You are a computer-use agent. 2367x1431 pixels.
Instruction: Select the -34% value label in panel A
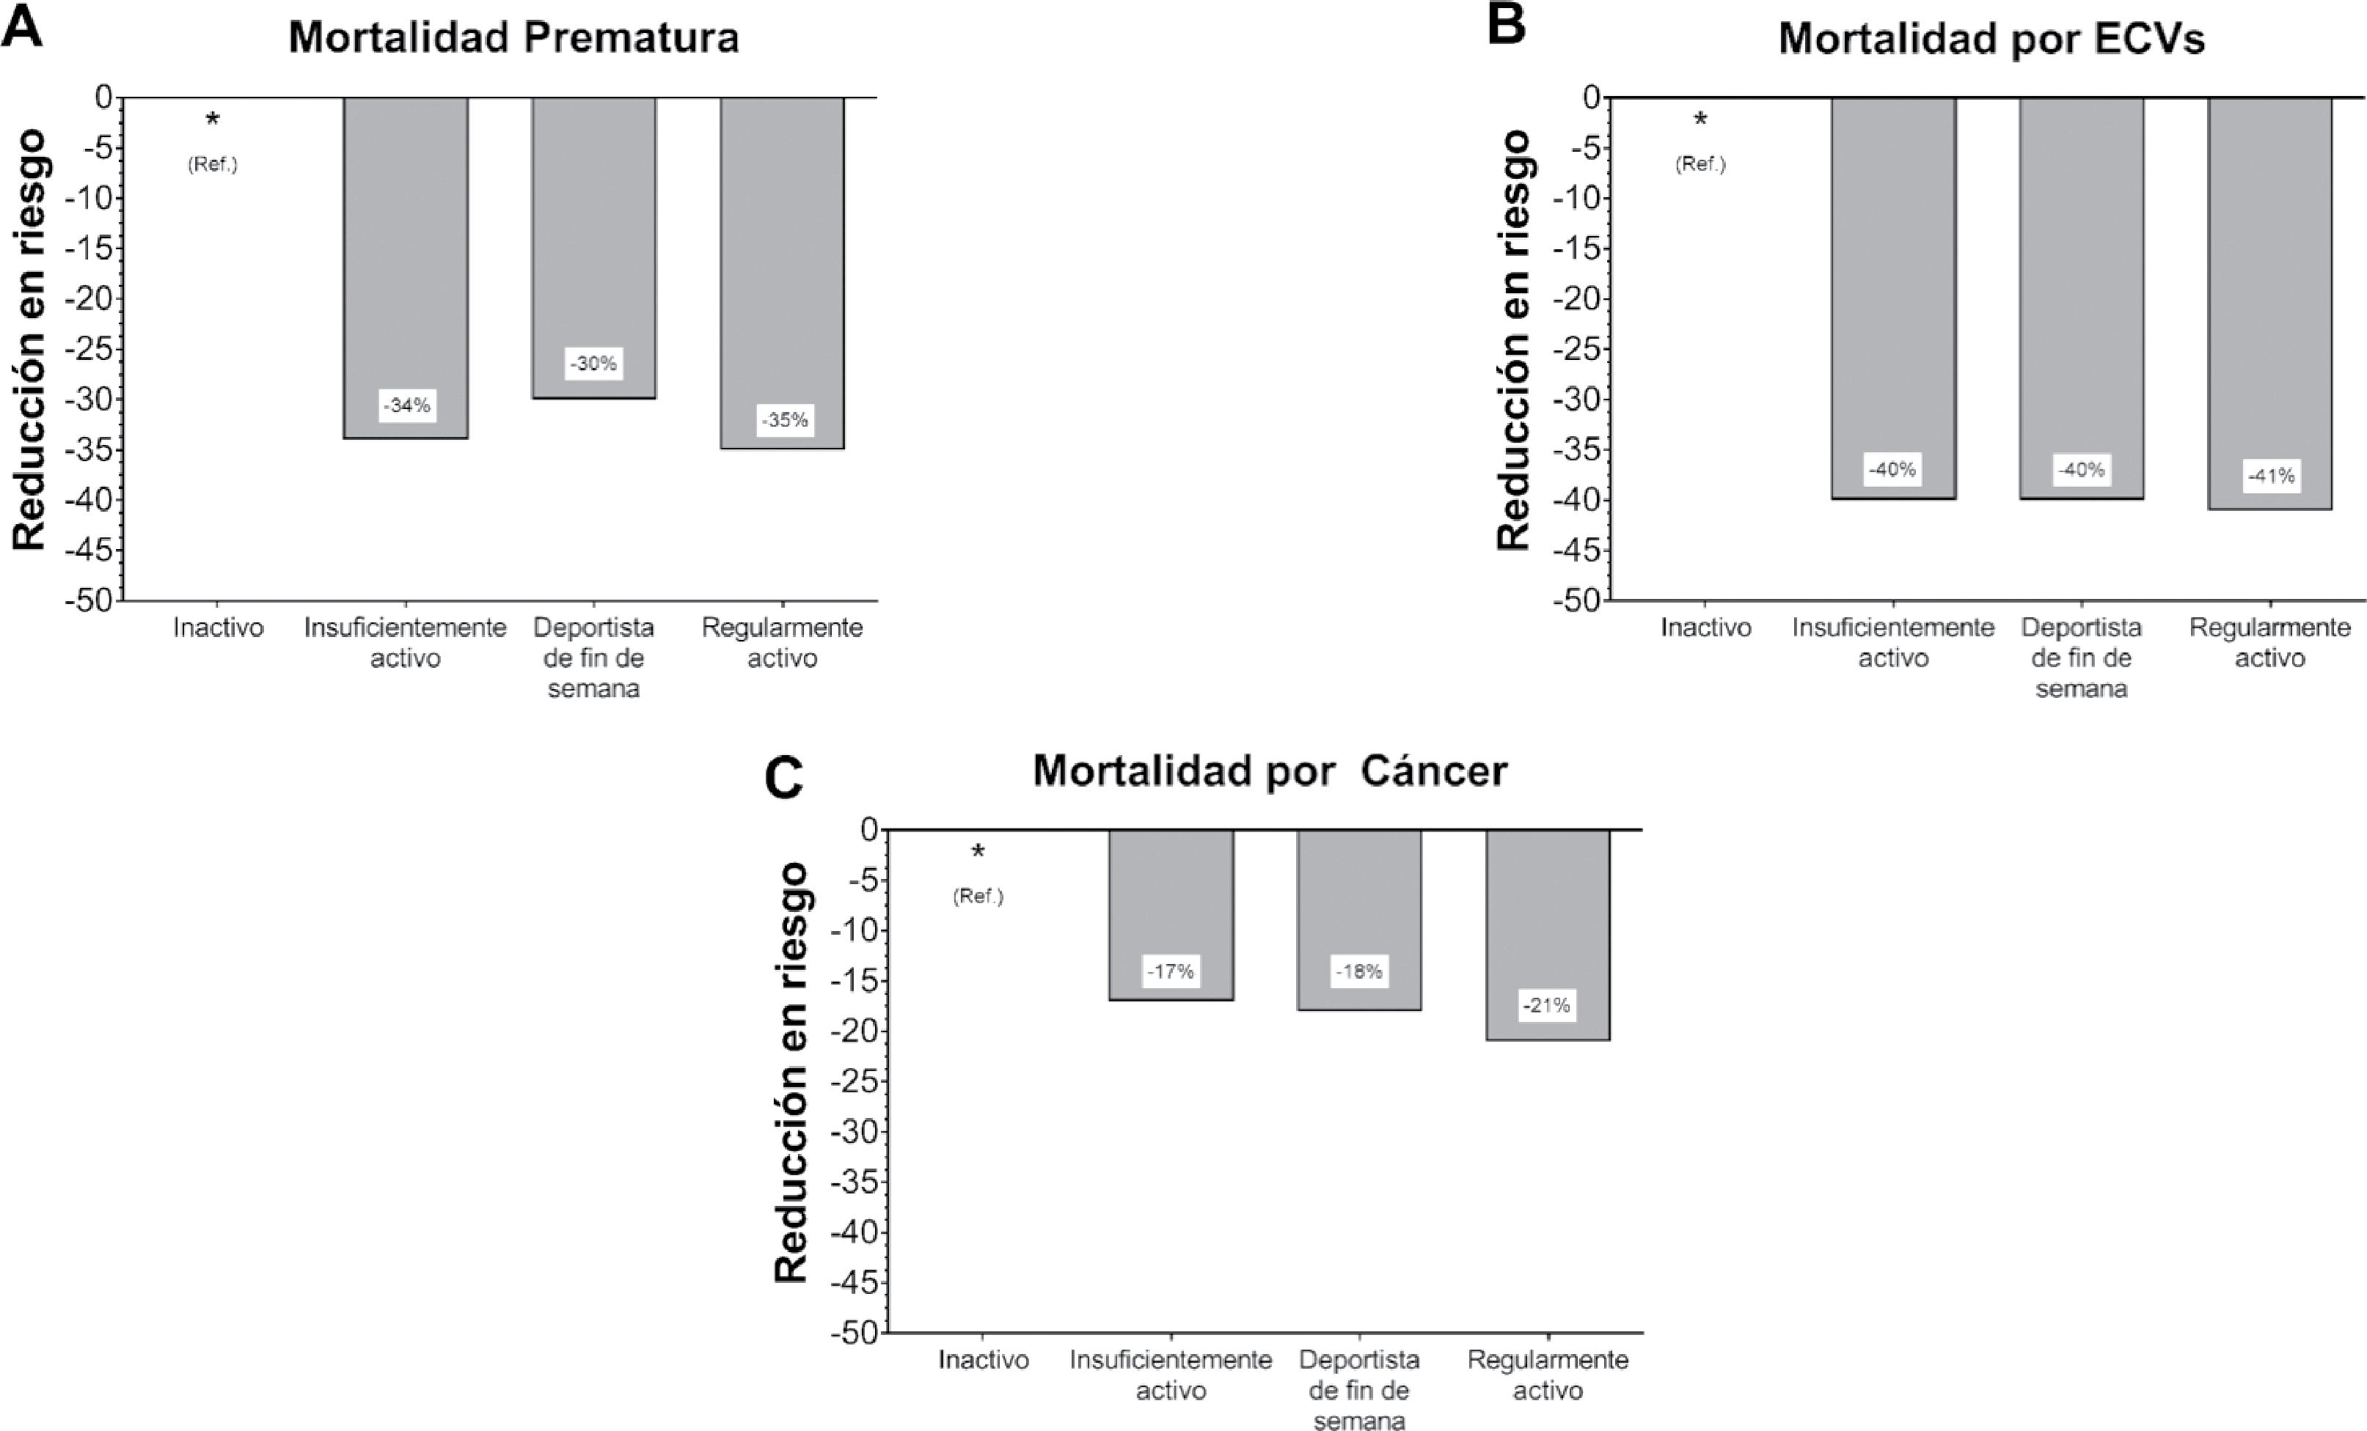pyautogui.click(x=406, y=405)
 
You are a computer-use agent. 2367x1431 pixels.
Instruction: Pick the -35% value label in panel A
pyautogui.click(x=785, y=419)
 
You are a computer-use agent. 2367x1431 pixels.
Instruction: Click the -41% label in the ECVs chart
pyautogui.click(x=2271, y=475)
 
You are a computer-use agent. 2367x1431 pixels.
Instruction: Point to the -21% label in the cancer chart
pyautogui.click(x=1547, y=1006)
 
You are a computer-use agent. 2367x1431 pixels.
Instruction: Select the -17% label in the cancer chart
pyautogui.click(x=1170, y=971)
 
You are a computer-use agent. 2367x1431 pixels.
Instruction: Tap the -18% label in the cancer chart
pyautogui.click(x=1358, y=971)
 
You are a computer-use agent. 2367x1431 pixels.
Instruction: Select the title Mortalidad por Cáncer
pyautogui.click(x=1270, y=771)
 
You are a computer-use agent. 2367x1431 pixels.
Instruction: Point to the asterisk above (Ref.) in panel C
pyautogui.click(x=978, y=852)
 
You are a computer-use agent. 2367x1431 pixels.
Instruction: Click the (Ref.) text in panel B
pyautogui.click(x=1700, y=164)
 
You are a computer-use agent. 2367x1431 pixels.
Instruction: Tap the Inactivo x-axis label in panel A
pyautogui.click(x=218, y=628)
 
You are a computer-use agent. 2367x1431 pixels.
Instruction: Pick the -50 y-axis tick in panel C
pyautogui.click(x=856, y=1333)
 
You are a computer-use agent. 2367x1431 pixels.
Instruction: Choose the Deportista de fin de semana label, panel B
pyautogui.click(x=2081, y=658)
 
